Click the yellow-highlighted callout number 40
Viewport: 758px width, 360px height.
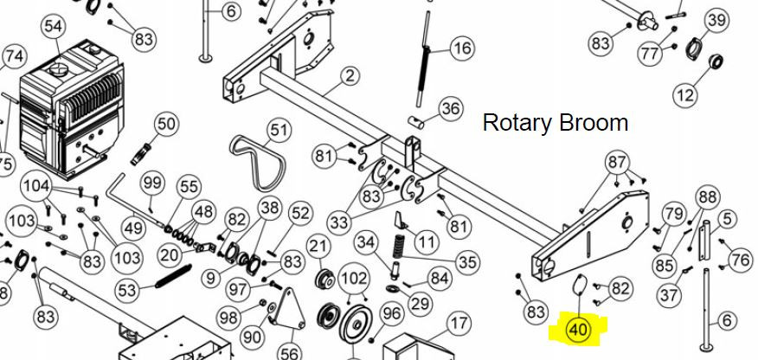click(x=578, y=330)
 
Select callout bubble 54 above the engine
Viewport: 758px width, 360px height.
click(x=54, y=27)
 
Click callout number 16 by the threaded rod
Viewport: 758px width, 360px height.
click(x=463, y=48)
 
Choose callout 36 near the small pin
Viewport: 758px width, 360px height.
click(x=450, y=108)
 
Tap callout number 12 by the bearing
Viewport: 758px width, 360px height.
click(x=685, y=94)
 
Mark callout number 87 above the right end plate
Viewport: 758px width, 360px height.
click(x=617, y=163)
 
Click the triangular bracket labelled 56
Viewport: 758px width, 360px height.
click(x=289, y=308)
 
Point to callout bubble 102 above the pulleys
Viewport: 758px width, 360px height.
click(x=354, y=279)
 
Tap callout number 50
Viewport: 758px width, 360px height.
click(x=166, y=125)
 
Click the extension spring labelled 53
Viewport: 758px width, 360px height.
click(x=173, y=276)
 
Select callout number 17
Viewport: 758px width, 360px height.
click(x=459, y=323)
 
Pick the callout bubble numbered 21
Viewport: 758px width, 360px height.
click(x=318, y=247)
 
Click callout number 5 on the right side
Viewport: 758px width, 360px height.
click(x=728, y=220)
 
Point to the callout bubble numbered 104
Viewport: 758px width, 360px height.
click(x=37, y=185)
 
